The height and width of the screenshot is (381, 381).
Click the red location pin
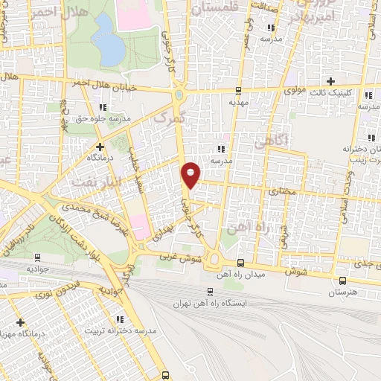point(190,175)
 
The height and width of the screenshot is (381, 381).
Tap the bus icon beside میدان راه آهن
point(240,263)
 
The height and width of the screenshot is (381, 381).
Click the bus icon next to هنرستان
point(342,281)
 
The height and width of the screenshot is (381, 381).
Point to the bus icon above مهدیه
point(238,92)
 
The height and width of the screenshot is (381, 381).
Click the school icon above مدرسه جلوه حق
point(72,107)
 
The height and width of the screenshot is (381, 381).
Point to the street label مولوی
point(295,90)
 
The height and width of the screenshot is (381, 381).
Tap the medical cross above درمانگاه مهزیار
point(19,322)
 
